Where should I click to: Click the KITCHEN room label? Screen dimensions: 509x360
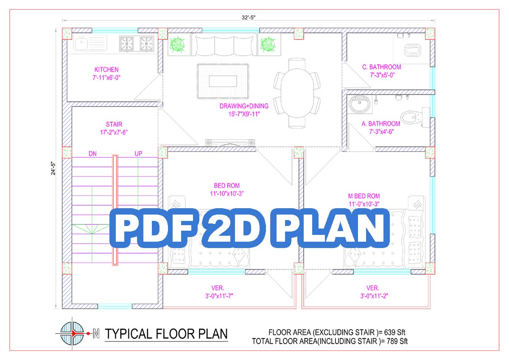pyautogui.click(x=106, y=70)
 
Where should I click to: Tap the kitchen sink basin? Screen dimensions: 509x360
pyautogui.click(x=81, y=43)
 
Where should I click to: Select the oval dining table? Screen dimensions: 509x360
pyautogui.click(x=297, y=93)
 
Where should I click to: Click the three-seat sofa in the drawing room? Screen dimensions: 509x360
pyautogui.click(x=224, y=45)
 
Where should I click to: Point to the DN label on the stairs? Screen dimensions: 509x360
pyautogui.click(x=92, y=154)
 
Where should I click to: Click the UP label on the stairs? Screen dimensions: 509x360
pyautogui.click(x=138, y=153)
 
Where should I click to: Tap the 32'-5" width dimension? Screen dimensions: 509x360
pyautogui.click(x=249, y=17)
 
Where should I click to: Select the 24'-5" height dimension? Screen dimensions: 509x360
pyautogui.click(x=53, y=168)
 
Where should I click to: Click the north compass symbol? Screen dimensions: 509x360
pyautogui.click(x=72, y=333)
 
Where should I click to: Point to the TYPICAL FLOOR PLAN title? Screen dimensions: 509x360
pyautogui.click(x=166, y=334)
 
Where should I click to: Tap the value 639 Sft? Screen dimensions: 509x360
pyautogui.click(x=394, y=332)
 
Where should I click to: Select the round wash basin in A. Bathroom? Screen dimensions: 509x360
pyautogui.click(x=360, y=104)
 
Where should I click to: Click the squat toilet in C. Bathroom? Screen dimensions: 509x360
pyautogui.click(x=412, y=50)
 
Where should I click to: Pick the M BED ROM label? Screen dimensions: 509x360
pyautogui.click(x=364, y=196)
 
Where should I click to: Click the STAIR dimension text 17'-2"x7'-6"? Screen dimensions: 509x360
pyautogui.click(x=114, y=132)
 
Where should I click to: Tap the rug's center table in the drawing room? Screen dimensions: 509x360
pyautogui.click(x=223, y=81)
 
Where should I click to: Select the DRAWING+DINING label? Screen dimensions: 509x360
pyautogui.click(x=244, y=106)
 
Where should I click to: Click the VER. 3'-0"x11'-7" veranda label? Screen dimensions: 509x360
pyautogui.click(x=219, y=292)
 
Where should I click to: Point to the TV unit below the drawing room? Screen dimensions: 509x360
pyautogui.click(x=230, y=142)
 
